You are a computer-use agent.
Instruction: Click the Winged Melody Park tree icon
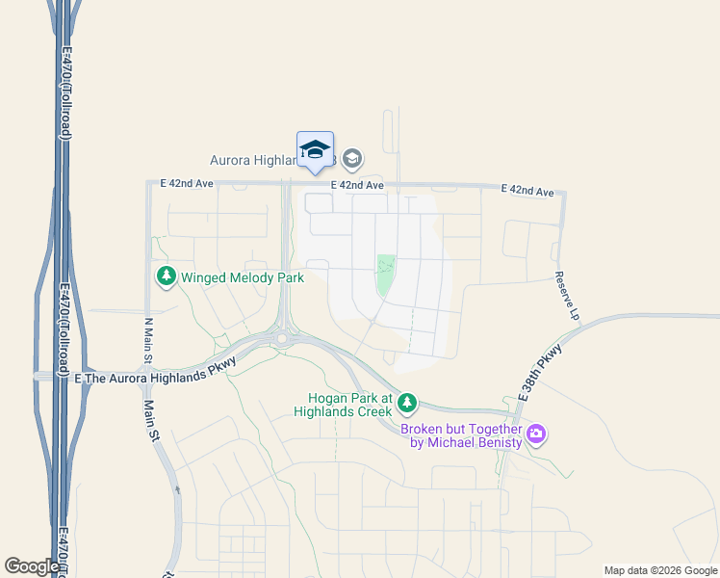click(167, 277)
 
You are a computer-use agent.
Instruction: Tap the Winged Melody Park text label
click(243, 278)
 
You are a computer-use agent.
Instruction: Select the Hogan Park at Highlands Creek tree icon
click(407, 401)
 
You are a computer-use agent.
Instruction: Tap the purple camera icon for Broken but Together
click(537, 435)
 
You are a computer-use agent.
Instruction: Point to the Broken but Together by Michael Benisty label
click(461, 435)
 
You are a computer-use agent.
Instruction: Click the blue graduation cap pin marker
click(315, 150)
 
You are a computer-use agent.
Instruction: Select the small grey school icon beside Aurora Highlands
click(352, 158)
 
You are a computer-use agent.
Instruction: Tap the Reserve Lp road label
click(567, 295)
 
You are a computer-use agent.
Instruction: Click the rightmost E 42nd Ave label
click(527, 191)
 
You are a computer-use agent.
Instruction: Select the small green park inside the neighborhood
click(385, 276)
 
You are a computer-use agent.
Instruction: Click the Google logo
click(32, 566)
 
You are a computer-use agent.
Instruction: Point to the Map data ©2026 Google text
click(661, 570)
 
